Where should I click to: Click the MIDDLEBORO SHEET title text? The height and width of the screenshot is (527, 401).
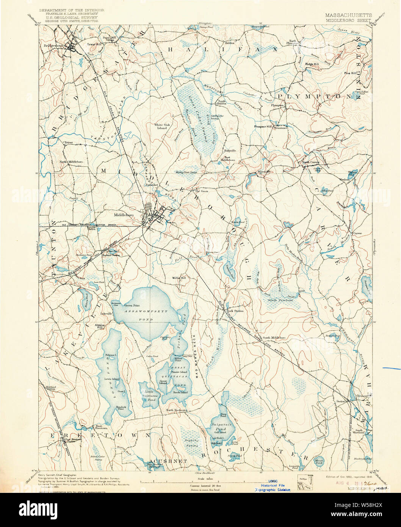[x=348, y=21]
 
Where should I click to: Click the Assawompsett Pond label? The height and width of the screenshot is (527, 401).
[x=146, y=311]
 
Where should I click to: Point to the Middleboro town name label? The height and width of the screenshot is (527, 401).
[x=124, y=215]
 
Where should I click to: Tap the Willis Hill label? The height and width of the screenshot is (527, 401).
[x=179, y=278]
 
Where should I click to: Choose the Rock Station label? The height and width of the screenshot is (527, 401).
[x=235, y=311]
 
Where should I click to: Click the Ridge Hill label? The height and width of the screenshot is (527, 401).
[x=312, y=64]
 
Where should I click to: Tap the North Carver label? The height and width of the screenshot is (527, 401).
[x=310, y=162]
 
